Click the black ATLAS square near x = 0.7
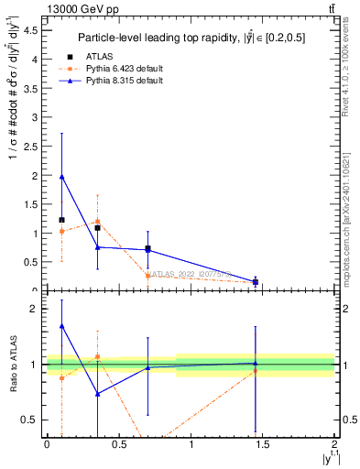[x=147, y=248]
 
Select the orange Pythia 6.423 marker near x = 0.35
[x=97, y=222]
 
